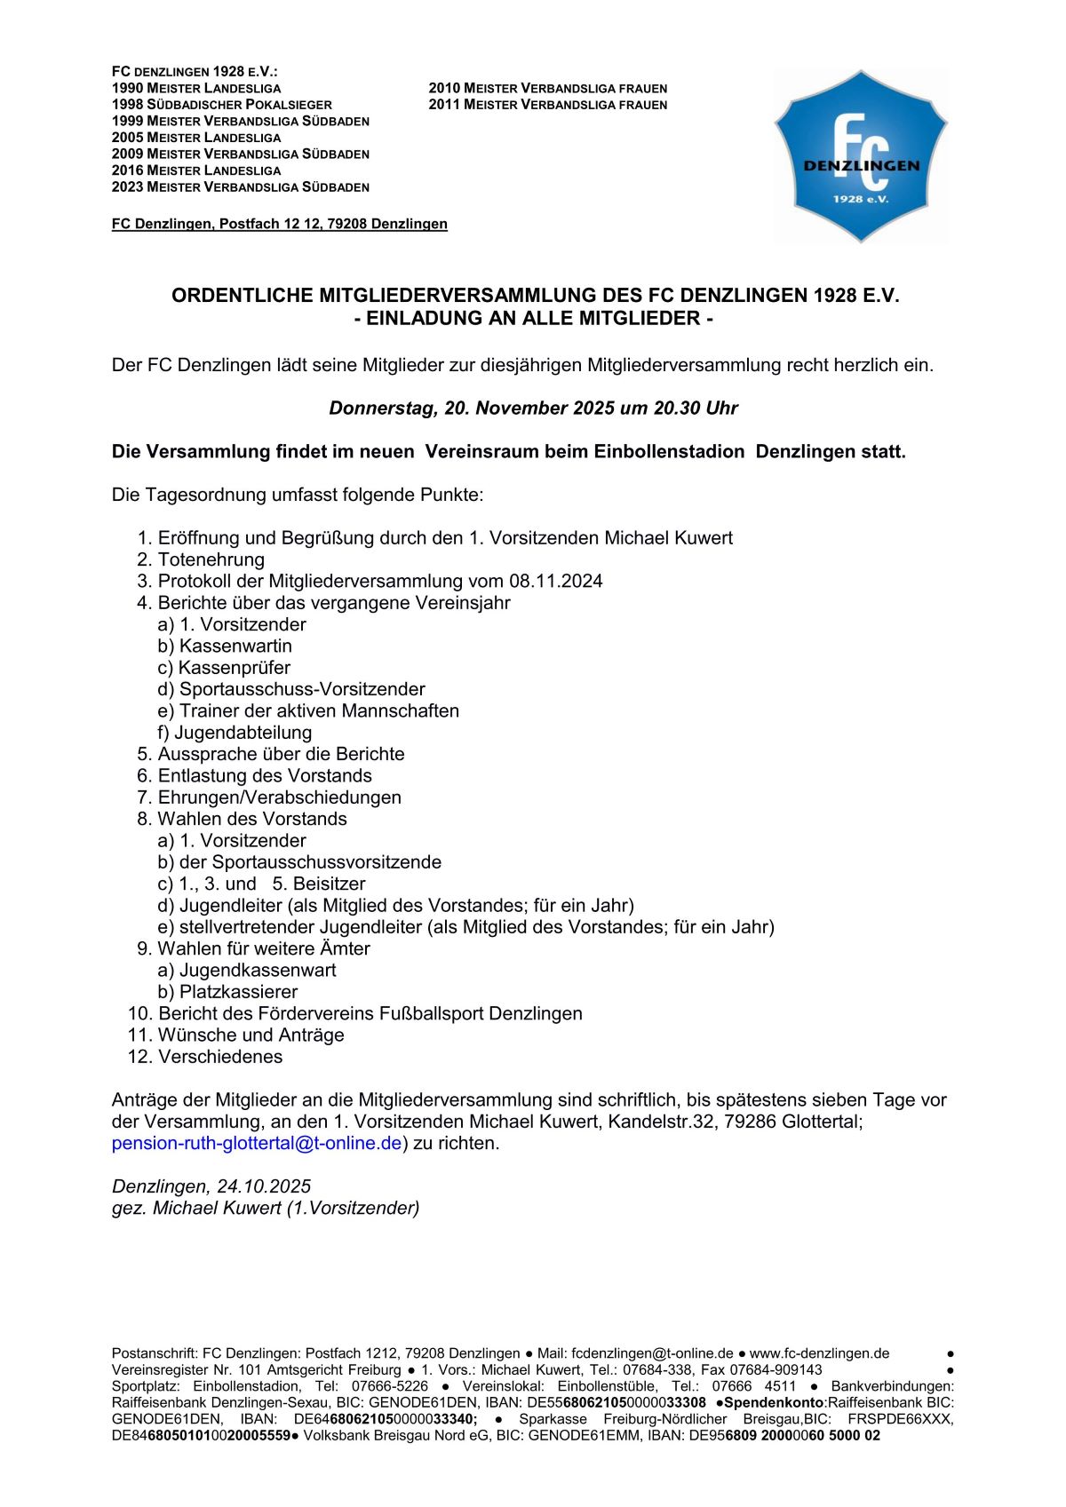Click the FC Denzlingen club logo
click(860, 155)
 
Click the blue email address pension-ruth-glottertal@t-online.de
click(257, 1143)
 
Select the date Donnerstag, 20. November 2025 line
click(533, 408)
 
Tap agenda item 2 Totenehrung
click(211, 559)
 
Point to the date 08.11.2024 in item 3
click(555, 581)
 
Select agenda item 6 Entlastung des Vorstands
click(264, 775)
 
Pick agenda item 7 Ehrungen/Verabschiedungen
click(278, 797)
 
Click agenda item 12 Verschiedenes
click(219, 1057)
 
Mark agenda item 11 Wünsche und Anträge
click(251, 1035)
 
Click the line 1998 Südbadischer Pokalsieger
click(221, 105)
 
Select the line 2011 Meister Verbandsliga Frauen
click(547, 105)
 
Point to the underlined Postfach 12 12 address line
click(279, 224)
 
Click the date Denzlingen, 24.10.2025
click(211, 1186)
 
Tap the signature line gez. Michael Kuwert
click(266, 1208)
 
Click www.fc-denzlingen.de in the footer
click(819, 1353)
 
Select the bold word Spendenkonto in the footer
click(774, 1402)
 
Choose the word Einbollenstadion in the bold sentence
click(668, 451)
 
